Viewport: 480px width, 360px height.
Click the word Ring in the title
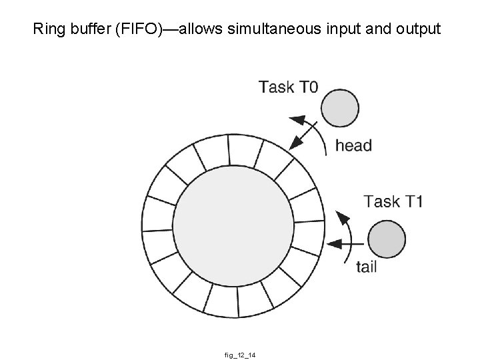pyautogui.click(x=47, y=29)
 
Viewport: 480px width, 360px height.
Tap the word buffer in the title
pyautogui.click(x=85, y=29)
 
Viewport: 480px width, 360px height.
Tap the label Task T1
pyautogui.click(x=393, y=201)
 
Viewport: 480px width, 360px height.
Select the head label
pyautogui.click(x=353, y=145)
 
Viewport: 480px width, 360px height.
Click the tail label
pyautogui.click(x=367, y=267)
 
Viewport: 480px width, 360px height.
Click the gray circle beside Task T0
pyautogui.click(x=339, y=107)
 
